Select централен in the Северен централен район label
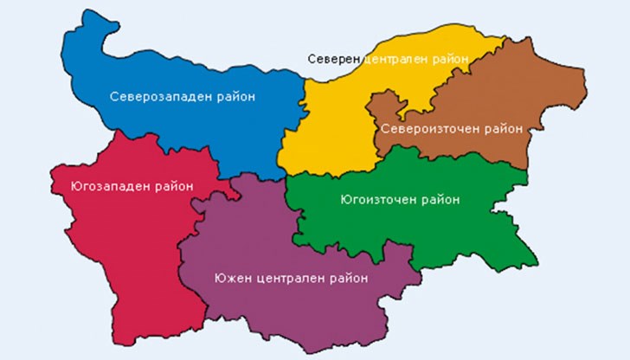click(x=401, y=59)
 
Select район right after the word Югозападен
click(x=172, y=185)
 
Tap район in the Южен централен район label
click(x=347, y=279)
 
